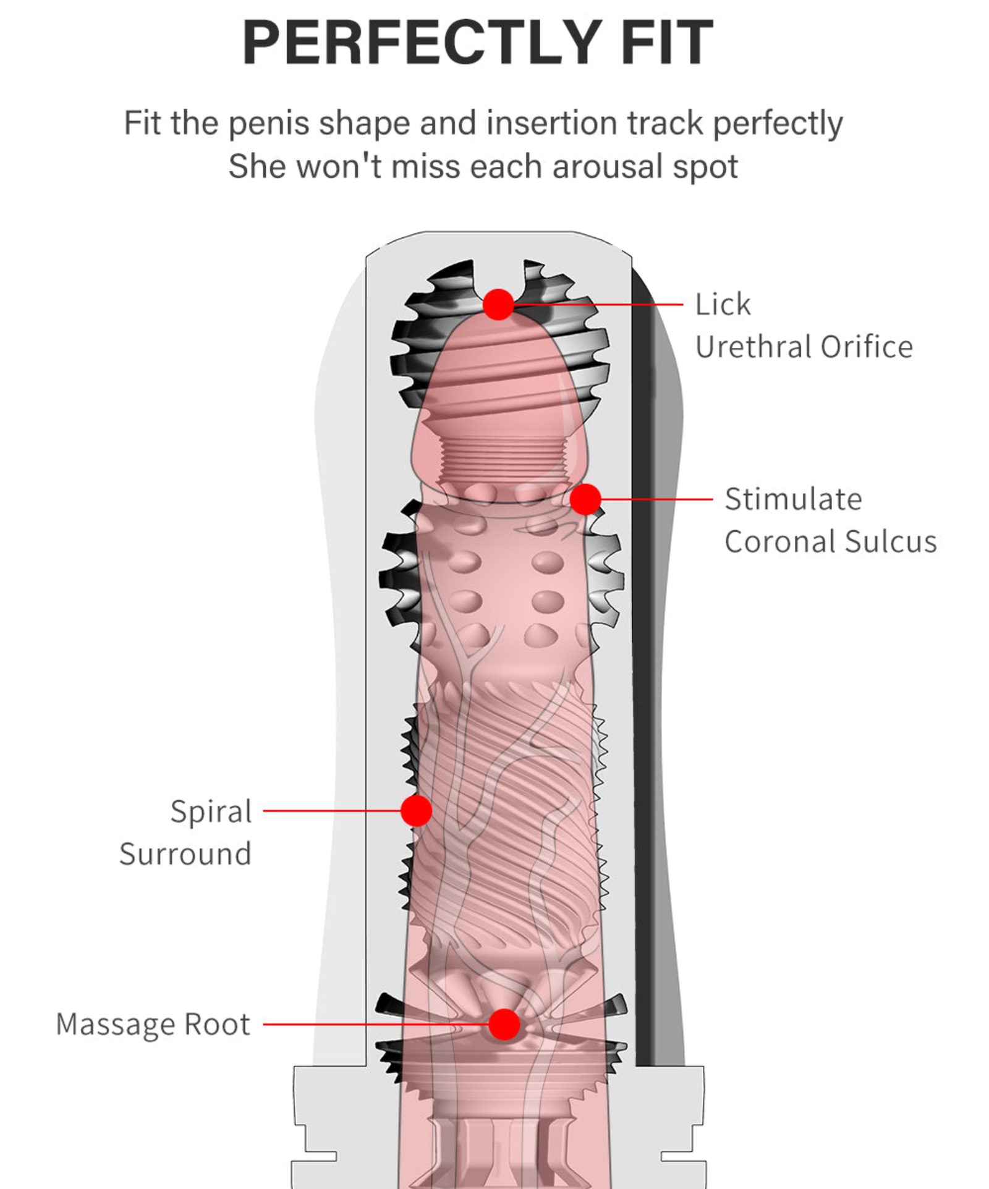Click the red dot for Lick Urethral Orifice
(498, 304)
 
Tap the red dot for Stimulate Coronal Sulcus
(585, 499)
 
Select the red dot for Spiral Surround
(416, 810)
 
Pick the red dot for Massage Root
(504, 1024)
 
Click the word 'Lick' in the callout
(723, 304)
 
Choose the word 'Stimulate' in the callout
(793, 499)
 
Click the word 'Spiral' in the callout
(211, 811)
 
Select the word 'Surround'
(185, 854)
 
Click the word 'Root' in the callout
(217, 1025)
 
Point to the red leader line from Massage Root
(371, 1024)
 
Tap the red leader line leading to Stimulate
(655, 499)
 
